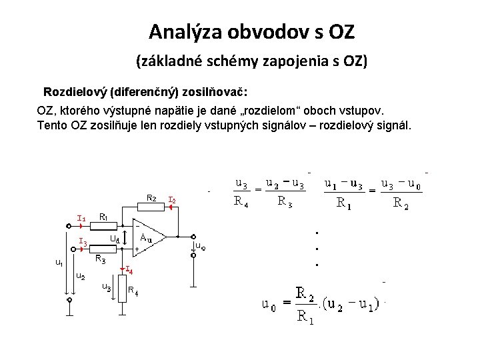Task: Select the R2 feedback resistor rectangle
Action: pos(151,206)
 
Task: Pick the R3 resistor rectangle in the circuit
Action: pos(104,251)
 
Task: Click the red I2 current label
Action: pos(172,199)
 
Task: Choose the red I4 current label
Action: pos(129,270)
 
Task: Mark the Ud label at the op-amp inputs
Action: pos(114,238)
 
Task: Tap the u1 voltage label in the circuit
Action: pos(59,263)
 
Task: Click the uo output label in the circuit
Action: pos(200,246)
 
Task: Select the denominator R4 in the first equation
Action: pos(241,201)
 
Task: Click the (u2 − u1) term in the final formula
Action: pos(353,306)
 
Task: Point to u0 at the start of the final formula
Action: pos(269,307)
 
